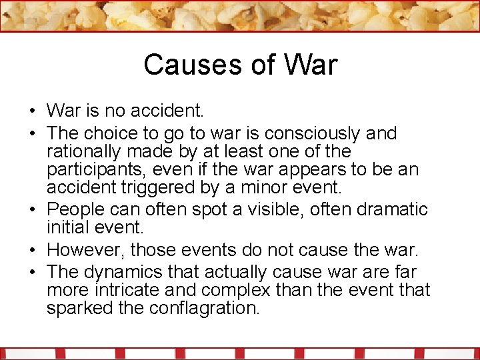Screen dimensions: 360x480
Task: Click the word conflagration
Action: (207, 309)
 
